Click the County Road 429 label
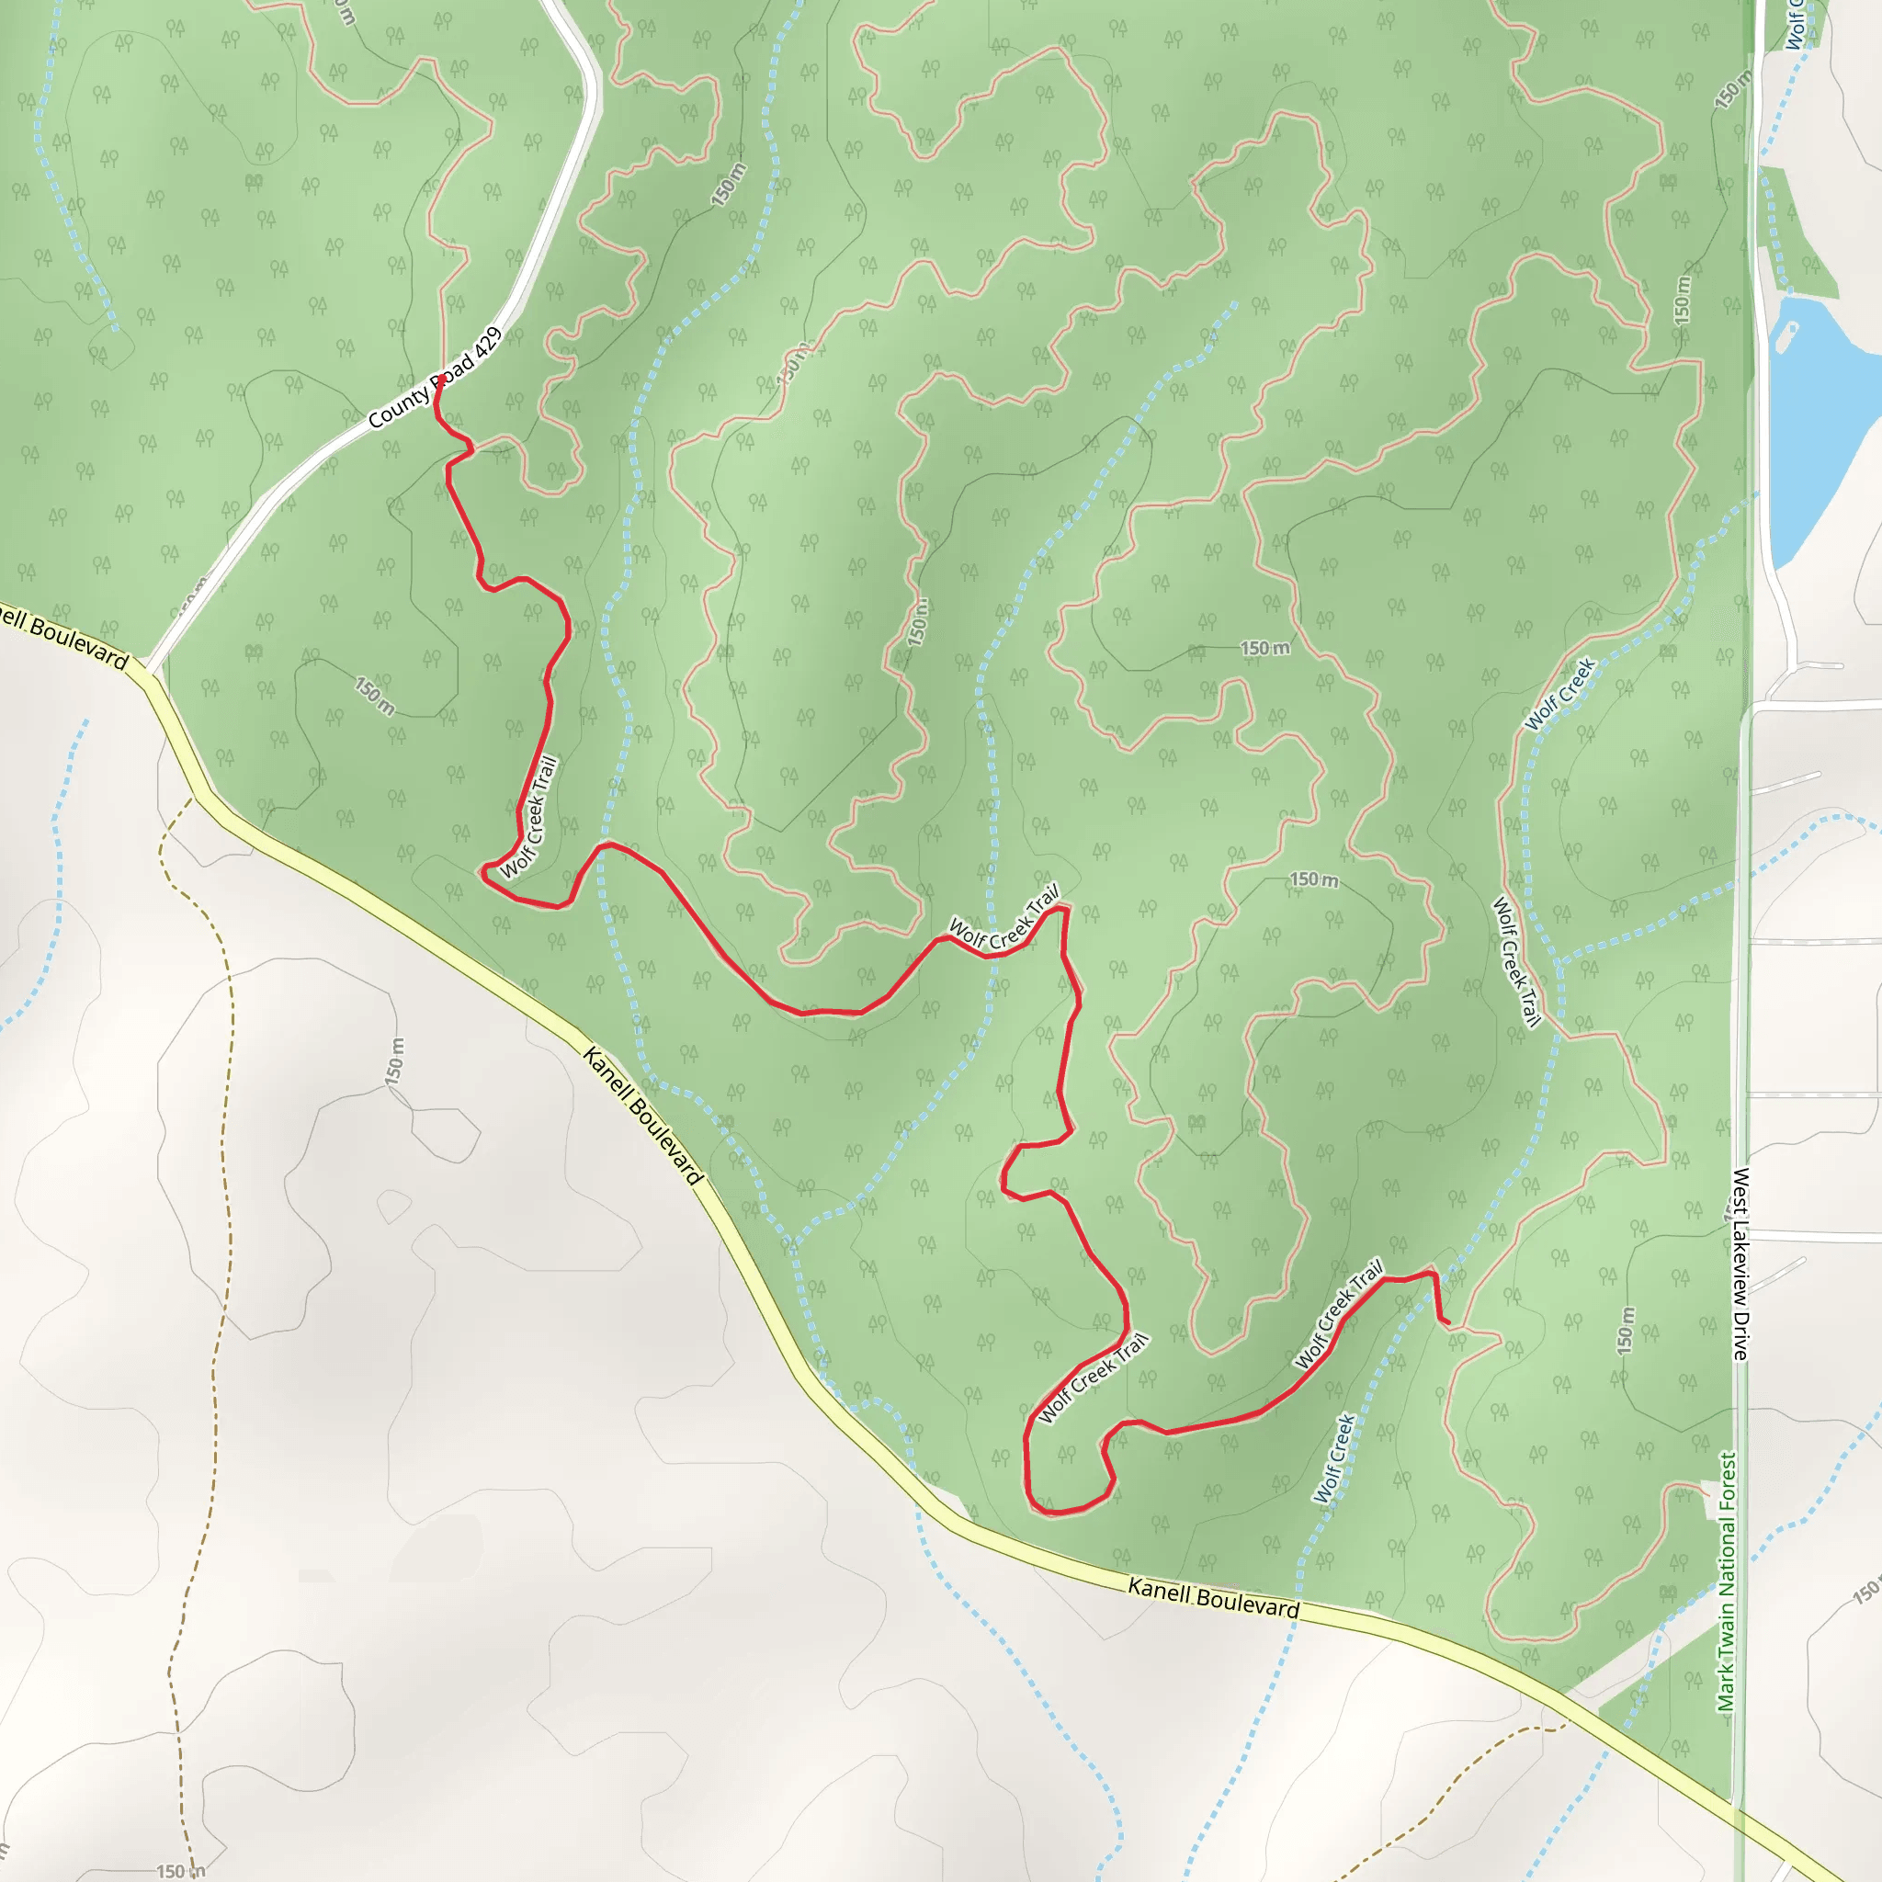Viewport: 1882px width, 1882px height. (x=436, y=378)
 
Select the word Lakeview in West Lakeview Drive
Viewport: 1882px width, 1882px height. (x=1740, y=1256)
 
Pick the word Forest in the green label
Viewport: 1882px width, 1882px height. (x=1727, y=1485)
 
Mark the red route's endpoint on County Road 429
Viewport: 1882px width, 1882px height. (x=441, y=378)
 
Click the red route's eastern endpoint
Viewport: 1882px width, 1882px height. (x=1446, y=1323)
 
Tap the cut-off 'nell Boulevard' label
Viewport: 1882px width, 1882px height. (x=63, y=637)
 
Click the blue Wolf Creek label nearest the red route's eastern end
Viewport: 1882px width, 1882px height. (x=1334, y=1458)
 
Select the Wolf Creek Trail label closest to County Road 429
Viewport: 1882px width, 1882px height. (x=530, y=817)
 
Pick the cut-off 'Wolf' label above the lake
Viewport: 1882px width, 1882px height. (x=1796, y=25)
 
